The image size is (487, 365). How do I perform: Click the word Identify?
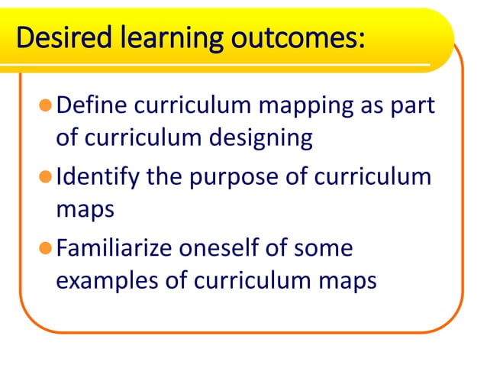click(99, 176)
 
